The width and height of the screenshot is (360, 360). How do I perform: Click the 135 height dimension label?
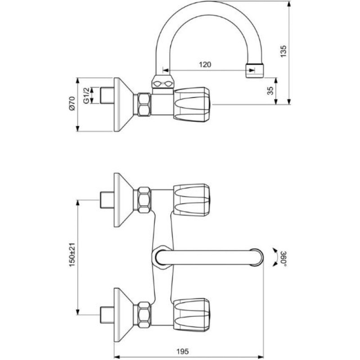point(283,51)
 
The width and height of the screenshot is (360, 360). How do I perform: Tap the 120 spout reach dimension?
point(205,64)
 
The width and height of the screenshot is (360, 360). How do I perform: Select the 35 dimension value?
point(270,90)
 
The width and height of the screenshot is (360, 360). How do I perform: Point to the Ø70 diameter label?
point(72,103)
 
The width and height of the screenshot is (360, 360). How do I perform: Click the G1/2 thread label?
point(86,95)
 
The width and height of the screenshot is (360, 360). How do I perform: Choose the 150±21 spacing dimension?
point(72,255)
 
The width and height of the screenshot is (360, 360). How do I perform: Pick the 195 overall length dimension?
point(183,351)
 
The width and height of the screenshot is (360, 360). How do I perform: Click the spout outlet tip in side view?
point(255,70)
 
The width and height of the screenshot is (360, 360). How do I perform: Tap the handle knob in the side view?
point(192,104)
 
